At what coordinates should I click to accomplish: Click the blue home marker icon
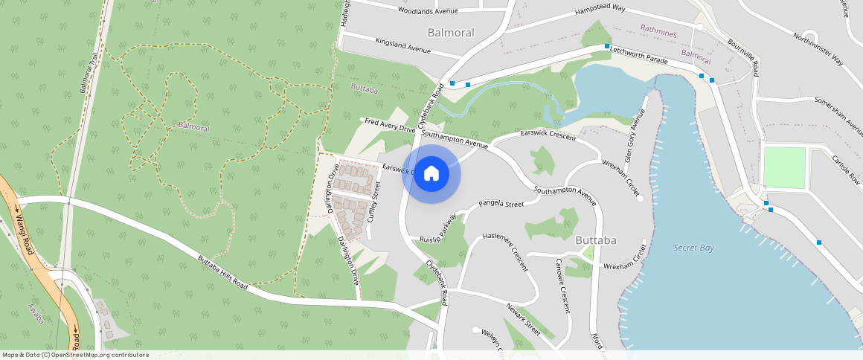point(431,174)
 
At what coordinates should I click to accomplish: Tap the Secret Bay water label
point(693,248)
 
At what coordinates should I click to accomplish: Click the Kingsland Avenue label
point(403,45)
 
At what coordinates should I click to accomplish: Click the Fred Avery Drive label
point(390,124)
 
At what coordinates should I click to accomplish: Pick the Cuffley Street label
point(373,202)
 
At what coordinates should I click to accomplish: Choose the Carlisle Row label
point(846,169)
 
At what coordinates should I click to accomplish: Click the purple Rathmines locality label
point(658,30)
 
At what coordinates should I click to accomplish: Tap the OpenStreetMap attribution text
point(75,355)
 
